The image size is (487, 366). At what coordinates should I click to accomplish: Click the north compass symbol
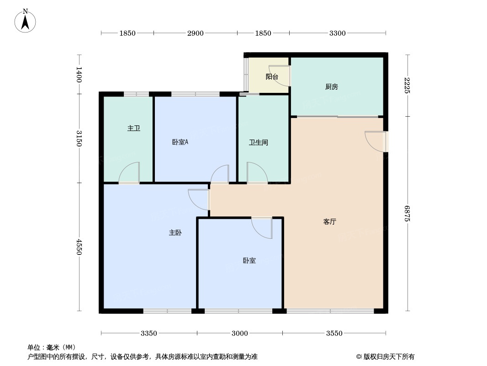[x=26, y=21]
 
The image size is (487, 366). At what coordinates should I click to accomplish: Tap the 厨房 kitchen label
[x=331, y=86]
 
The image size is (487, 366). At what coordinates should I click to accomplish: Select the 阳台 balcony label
[x=272, y=76]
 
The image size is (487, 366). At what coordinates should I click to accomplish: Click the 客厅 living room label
[x=329, y=221]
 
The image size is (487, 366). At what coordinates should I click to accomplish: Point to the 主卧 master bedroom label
[x=175, y=232]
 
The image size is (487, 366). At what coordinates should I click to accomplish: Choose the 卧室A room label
[x=180, y=142]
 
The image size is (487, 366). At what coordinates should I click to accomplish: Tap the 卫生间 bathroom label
[x=258, y=142]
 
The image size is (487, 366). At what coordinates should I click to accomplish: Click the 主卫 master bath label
[x=133, y=128]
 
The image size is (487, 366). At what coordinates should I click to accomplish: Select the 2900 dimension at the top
[x=195, y=33]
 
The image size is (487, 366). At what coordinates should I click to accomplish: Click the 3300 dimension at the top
[x=337, y=33]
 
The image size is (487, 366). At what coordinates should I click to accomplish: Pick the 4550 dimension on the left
[x=79, y=247]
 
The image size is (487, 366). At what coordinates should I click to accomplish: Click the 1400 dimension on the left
[x=79, y=74]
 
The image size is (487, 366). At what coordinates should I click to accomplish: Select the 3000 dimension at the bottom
[x=239, y=333]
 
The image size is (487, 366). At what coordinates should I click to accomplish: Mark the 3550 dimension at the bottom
[x=334, y=333]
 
